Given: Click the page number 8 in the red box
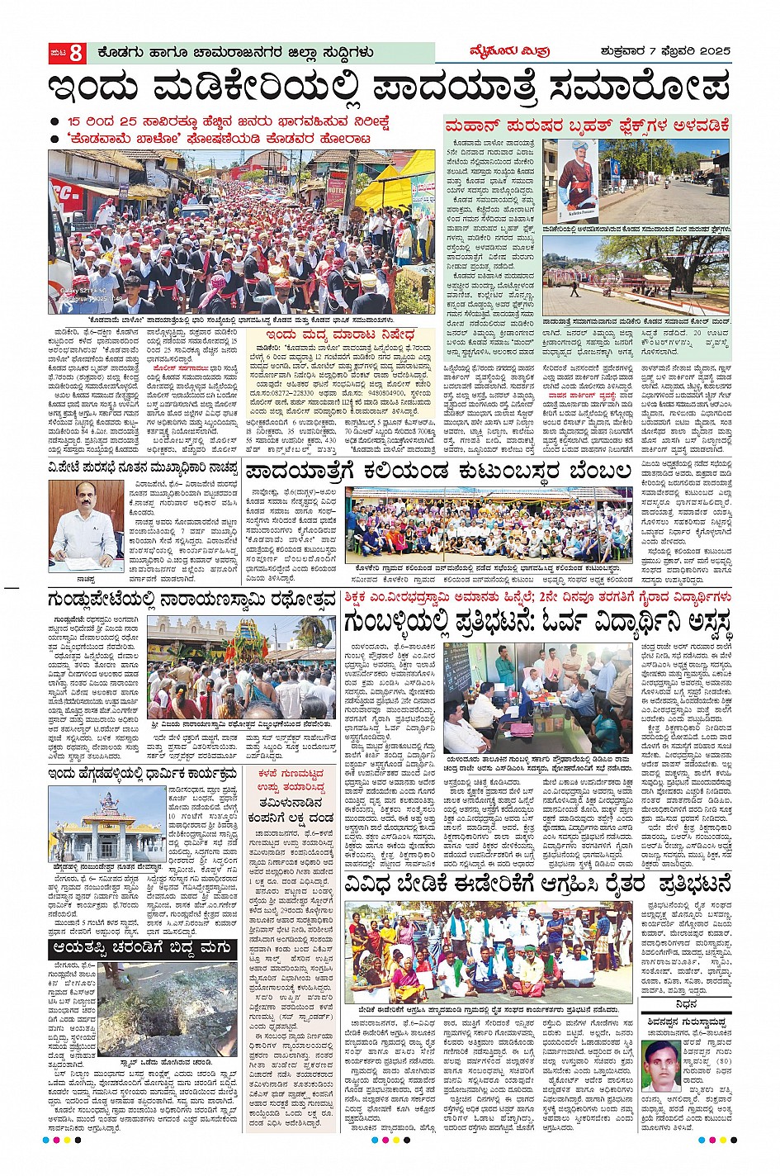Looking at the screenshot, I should (76, 53).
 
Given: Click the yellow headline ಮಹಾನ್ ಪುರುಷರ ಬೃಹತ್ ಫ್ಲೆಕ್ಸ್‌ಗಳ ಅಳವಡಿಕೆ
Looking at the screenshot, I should (587, 126).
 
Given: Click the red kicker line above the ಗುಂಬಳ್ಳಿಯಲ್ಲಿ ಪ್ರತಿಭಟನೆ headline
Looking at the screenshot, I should (538, 596).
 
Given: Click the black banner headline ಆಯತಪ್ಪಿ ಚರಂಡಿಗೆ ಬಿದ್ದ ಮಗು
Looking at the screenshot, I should (143, 949).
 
